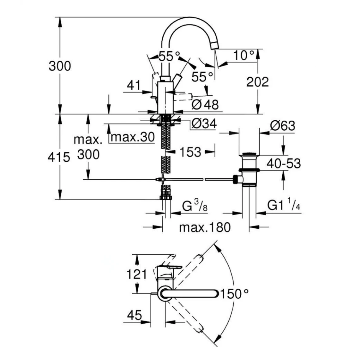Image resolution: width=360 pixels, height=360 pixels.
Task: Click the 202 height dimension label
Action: [x=258, y=82]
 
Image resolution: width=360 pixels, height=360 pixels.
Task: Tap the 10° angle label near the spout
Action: [x=244, y=56]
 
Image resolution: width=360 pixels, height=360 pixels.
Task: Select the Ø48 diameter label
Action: [x=205, y=104]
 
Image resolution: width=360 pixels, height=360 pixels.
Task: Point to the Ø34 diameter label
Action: [x=203, y=123]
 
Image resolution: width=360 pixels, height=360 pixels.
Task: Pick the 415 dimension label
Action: [x=59, y=157]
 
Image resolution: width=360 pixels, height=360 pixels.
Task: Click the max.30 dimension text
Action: [x=133, y=137]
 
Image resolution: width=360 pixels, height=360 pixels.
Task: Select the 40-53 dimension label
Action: [x=284, y=164]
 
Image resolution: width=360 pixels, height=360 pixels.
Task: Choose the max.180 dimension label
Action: [x=205, y=227]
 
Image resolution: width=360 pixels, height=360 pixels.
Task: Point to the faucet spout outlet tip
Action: [x=214, y=46]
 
